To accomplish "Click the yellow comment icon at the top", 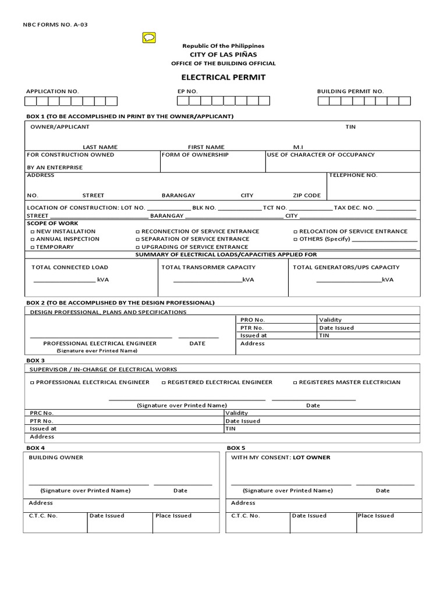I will coord(149,38).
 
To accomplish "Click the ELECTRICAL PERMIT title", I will coord(223,77).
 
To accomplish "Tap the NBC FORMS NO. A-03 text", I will coord(55,24).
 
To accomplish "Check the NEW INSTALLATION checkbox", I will coord(33,232).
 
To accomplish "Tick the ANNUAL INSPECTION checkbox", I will coord(33,239).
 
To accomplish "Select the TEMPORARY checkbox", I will coord(33,247).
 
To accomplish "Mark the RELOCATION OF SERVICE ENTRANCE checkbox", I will coord(296,232).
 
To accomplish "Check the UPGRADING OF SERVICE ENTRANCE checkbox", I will coord(138,247).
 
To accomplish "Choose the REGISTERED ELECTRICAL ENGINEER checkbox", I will coord(164,382).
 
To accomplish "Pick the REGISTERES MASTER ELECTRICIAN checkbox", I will coord(296,382).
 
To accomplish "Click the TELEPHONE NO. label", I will coord(353,175).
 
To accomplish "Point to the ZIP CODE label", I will coord(307,196).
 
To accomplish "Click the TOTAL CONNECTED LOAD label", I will coord(70,267).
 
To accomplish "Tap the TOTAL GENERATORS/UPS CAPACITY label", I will coord(346,267).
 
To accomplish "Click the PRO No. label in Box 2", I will coord(253,320).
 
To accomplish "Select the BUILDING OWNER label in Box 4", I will coord(56,457).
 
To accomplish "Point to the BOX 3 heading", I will coord(36,360).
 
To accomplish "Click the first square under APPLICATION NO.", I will coord(30,101).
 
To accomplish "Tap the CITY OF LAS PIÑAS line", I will coord(223,54).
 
